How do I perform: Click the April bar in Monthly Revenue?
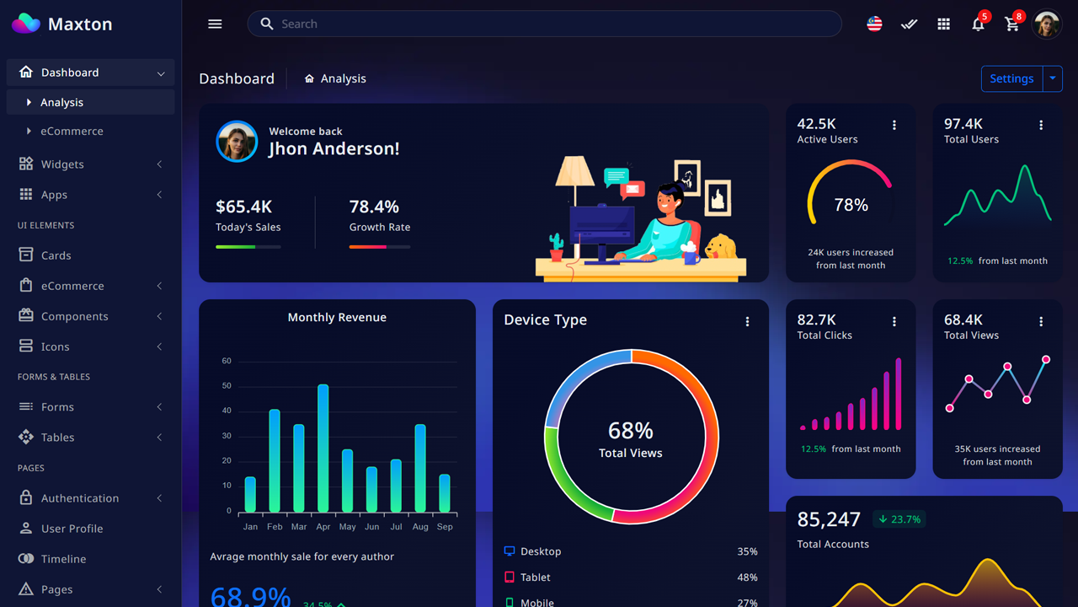point(323,449)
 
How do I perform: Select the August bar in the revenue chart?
point(420,468)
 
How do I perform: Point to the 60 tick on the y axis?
point(227,361)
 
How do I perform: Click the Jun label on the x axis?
point(371,527)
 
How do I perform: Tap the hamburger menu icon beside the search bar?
point(215,24)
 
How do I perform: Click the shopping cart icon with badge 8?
point(1012,24)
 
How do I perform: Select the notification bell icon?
point(978,24)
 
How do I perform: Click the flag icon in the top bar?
point(874,24)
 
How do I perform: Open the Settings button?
point(1011,78)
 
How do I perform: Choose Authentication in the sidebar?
point(80,498)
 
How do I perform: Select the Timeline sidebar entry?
point(63,559)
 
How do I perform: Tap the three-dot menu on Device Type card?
point(747,321)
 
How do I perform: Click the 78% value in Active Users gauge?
point(851,205)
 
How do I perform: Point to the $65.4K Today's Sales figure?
point(243,207)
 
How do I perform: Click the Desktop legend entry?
point(540,551)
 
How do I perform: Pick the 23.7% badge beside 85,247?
point(899,519)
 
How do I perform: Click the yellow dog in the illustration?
point(721,246)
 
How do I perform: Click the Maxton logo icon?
point(26,24)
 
